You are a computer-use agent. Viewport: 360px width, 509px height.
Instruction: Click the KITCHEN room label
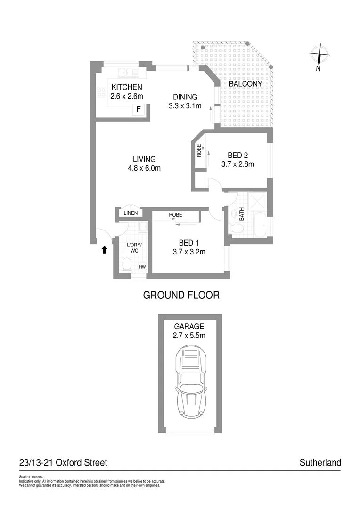point(126,87)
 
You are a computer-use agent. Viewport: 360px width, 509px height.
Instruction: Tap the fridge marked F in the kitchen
point(139,110)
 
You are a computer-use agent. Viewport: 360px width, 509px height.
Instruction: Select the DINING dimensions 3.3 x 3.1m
point(185,106)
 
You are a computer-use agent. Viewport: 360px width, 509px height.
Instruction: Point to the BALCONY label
point(245,83)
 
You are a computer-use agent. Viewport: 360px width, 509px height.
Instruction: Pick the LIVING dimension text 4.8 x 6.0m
point(144,168)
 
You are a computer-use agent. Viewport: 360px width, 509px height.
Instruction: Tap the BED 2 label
point(237,155)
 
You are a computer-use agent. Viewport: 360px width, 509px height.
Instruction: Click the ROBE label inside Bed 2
point(199,150)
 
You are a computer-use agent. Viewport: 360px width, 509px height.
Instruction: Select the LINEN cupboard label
point(131,213)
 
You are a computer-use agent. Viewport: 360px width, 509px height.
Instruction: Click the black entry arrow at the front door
point(105,250)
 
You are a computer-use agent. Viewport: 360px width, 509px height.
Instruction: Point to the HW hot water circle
point(142,267)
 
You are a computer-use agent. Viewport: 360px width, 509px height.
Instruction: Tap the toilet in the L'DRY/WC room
point(127,263)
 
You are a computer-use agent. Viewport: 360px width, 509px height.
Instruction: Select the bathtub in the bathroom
point(260,226)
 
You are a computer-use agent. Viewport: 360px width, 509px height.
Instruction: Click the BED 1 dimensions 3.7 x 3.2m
point(188,252)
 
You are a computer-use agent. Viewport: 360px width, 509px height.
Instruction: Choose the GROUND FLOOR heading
point(181,296)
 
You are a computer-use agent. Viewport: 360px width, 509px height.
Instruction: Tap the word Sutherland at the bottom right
point(320,463)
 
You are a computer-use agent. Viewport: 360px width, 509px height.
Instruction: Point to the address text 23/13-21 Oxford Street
point(63,463)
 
